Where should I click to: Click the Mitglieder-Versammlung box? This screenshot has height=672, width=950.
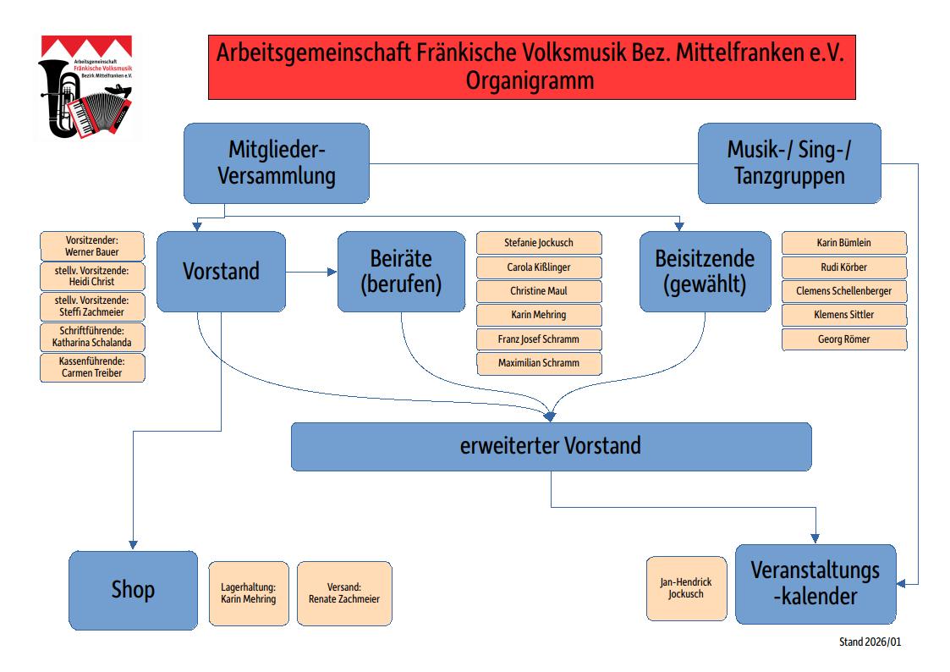[277, 163]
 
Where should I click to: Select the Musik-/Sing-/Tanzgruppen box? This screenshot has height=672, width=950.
[788, 163]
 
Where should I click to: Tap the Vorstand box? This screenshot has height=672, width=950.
[221, 272]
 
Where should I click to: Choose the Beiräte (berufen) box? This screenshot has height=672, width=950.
[401, 272]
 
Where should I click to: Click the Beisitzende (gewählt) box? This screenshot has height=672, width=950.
[704, 272]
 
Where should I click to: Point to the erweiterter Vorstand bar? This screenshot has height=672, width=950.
[551, 446]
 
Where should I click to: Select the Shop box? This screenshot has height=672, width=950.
[133, 589]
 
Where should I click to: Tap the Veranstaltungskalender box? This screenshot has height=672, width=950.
[815, 584]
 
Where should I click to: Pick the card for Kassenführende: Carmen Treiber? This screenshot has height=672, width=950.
[92, 367]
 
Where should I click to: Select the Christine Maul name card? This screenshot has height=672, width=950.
[539, 291]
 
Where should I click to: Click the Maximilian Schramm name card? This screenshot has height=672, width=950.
[539, 364]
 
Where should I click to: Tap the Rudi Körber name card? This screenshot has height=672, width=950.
[843, 267]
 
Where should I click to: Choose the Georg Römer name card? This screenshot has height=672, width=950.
[843, 339]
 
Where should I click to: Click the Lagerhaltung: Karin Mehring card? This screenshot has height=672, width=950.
[249, 592]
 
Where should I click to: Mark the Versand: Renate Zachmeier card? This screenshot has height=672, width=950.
[344, 592]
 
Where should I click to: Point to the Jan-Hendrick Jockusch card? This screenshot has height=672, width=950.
[686, 588]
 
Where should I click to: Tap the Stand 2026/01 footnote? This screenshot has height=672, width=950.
[870, 642]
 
